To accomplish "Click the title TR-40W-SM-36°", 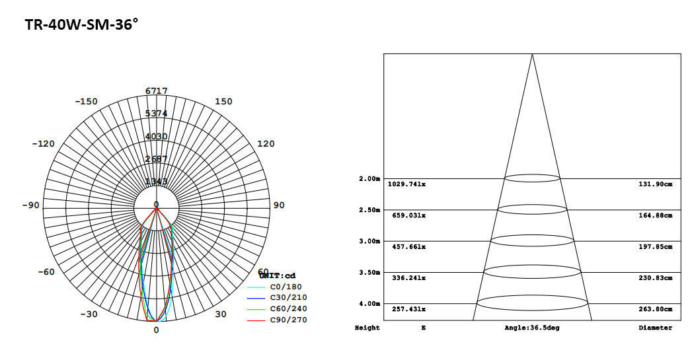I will pyautogui.click(x=81, y=25).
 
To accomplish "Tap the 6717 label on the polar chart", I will pyautogui.click(x=157, y=90).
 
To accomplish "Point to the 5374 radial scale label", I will pyautogui.click(x=157, y=113).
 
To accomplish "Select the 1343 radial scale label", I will pyautogui.click(x=157, y=181).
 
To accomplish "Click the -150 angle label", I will pyautogui.click(x=86, y=101).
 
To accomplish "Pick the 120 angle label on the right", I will pyautogui.click(x=266, y=143).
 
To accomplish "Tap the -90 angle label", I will pyautogui.click(x=30, y=205).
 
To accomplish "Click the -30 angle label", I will pyautogui.click(x=90, y=314).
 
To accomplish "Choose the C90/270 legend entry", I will pyautogui.click(x=288, y=320).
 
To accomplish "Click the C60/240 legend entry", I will pyautogui.click(x=288, y=308).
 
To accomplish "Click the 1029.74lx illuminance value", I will pyautogui.click(x=407, y=184).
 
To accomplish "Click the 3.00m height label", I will pyautogui.click(x=369, y=241).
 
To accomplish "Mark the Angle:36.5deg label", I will pyautogui.click(x=531, y=328).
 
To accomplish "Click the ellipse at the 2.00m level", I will pyautogui.click(x=532, y=178).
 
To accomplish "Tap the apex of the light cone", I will pyautogui.click(x=532, y=54).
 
